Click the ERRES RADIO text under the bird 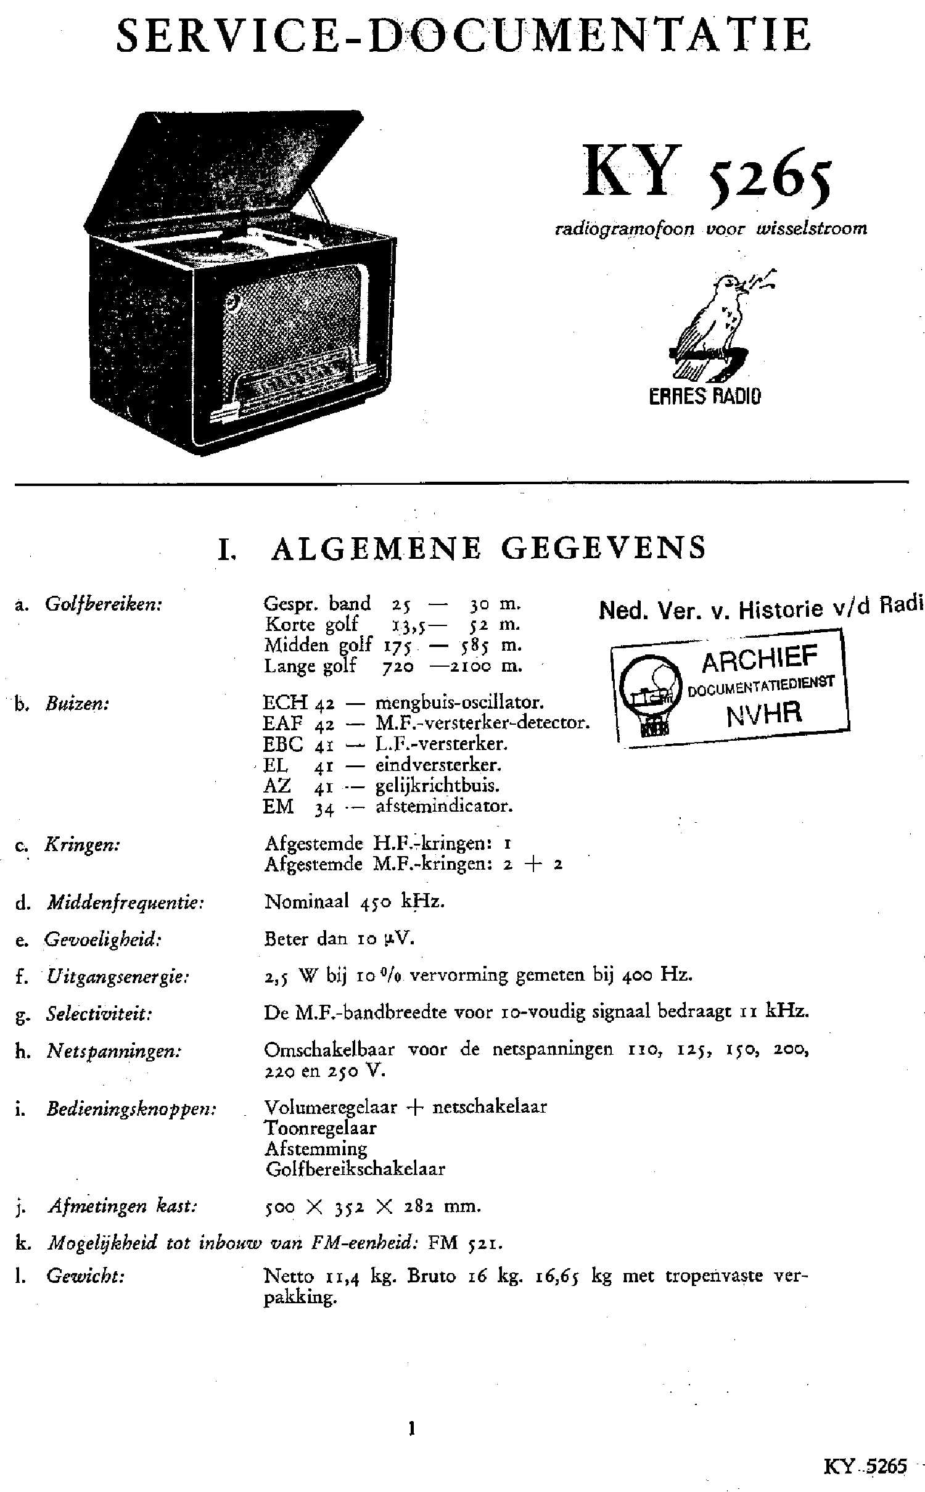[705, 395]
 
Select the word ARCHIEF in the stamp [760, 661]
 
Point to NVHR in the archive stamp [765, 714]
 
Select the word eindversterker [438, 765]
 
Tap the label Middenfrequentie [125, 903]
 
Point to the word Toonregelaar [320, 1128]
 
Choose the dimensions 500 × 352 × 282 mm [372, 1206]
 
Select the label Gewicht [86, 1277]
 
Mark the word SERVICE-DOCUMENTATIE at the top [462, 36]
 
